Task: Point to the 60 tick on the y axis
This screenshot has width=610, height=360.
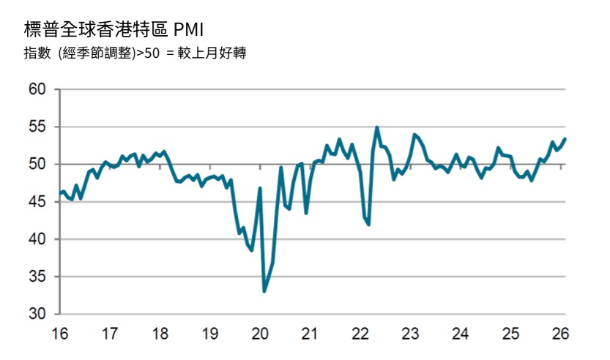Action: point(37,89)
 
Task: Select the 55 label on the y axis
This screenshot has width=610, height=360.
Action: point(37,127)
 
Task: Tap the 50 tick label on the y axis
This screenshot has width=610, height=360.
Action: point(37,164)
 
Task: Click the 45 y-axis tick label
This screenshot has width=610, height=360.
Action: point(37,201)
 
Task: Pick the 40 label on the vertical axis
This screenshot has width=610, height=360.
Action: point(37,239)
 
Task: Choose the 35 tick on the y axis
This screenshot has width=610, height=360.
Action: point(37,277)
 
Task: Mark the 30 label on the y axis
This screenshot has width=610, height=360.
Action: point(37,314)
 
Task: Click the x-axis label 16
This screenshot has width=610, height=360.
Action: point(60,334)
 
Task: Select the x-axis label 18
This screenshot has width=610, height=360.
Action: point(160,334)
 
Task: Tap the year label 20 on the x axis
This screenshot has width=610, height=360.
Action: point(260,334)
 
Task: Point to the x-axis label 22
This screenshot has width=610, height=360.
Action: point(360,334)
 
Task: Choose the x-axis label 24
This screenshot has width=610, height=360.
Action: point(460,334)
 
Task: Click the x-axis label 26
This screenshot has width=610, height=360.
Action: point(560,334)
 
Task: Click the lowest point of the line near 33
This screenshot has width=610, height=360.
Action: point(264,291)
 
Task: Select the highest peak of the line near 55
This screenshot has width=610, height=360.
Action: point(377,127)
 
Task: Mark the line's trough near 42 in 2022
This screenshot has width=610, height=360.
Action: point(369,225)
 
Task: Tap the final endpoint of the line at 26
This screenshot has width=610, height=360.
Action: point(565,139)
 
